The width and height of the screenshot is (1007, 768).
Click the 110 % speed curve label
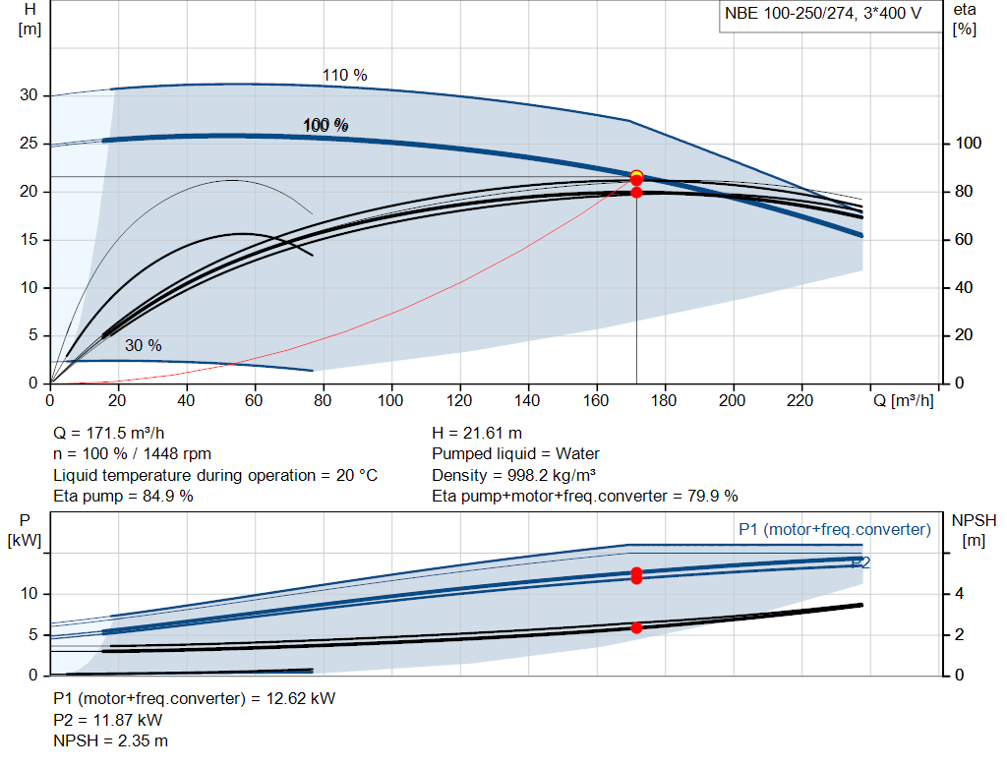click(345, 75)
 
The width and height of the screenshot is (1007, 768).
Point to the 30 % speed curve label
click(144, 345)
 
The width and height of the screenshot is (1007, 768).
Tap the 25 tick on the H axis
click(29, 144)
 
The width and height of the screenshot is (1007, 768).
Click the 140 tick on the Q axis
click(527, 400)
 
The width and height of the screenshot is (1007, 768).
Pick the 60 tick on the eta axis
click(964, 240)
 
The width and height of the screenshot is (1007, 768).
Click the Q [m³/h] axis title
click(904, 400)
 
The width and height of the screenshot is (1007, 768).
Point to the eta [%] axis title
click(965, 20)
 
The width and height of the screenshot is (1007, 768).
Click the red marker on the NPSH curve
click(636, 628)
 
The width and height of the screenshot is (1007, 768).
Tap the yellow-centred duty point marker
click(636, 176)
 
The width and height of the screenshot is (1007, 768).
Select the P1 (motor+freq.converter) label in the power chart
click(835, 529)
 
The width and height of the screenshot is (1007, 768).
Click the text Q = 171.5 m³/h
click(108, 434)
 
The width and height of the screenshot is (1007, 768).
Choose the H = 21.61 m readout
click(477, 434)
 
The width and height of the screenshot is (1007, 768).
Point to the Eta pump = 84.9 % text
click(123, 497)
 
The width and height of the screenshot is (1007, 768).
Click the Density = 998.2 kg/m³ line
click(513, 475)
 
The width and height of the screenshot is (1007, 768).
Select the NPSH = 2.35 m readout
click(110, 741)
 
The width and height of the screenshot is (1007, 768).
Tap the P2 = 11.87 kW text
click(108, 721)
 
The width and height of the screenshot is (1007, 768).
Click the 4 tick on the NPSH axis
click(959, 594)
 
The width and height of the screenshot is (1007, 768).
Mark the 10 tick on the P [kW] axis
click(29, 594)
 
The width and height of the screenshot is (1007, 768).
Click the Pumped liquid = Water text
click(515, 454)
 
